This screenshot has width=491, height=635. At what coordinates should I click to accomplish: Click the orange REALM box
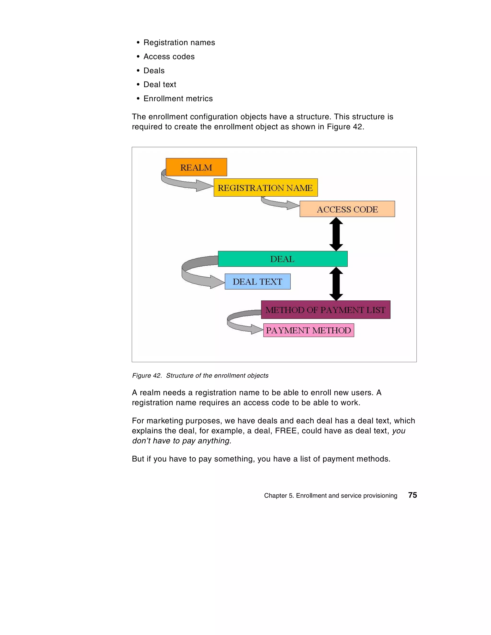click(x=196, y=167)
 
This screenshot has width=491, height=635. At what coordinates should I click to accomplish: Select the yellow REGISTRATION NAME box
click(x=265, y=188)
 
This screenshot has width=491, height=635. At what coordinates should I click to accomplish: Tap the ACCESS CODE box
click(x=347, y=209)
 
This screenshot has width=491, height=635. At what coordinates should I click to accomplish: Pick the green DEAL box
click(x=282, y=259)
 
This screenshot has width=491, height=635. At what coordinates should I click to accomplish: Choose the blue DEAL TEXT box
click(x=257, y=281)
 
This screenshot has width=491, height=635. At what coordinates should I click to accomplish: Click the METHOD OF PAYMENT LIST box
click(x=325, y=310)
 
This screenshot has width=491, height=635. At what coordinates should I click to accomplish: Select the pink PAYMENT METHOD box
click(x=309, y=330)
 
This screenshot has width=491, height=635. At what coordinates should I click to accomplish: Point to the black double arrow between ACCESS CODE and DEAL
click(x=336, y=234)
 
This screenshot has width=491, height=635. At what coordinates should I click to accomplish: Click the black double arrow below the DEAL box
click(x=336, y=284)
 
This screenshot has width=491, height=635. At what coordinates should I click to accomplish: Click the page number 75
click(x=412, y=495)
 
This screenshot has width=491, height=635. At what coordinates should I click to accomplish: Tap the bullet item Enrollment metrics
click(x=178, y=98)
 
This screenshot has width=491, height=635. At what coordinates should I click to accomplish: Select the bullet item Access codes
click(x=169, y=56)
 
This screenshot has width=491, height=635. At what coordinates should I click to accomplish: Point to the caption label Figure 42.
click(x=147, y=376)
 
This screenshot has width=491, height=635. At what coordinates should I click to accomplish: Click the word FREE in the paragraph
click(x=286, y=431)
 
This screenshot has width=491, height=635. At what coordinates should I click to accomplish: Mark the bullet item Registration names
click(x=179, y=42)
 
